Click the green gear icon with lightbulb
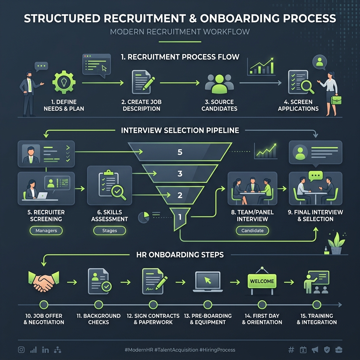tap(64, 82)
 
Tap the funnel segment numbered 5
tap(180, 152)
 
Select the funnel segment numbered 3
tap(180, 173)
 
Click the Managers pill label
tap(46, 231)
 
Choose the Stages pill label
tap(110, 231)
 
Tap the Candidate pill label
tap(252, 231)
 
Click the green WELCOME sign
tap(262, 281)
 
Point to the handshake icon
tap(44, 281)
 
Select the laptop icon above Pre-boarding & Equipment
tap(208, 282)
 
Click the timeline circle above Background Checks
tap(98, 305)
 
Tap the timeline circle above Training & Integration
tap(317, 305)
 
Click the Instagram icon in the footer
tap(21, 350)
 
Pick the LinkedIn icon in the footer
tap(45, 350)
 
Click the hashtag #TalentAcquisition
tap(176, 350)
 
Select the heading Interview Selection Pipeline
tap(180, 130)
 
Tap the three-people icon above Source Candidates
tap(219, 84)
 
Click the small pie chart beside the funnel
tap(143, 217)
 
